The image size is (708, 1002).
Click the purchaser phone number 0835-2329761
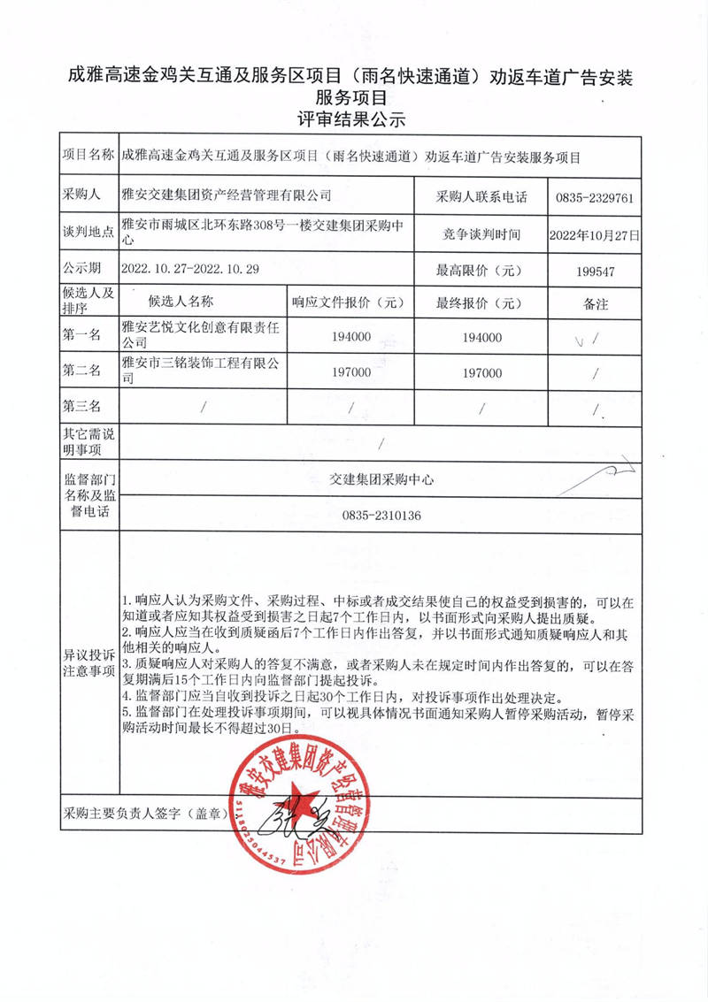point(595,197)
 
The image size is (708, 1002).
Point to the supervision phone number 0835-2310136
point(381,516)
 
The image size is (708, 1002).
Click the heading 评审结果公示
point(352,119)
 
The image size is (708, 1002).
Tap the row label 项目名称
point(88,157)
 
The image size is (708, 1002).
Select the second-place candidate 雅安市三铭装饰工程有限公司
point(199,371)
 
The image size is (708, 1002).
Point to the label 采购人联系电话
point(481,197)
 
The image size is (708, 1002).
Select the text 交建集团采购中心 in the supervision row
point(381,478)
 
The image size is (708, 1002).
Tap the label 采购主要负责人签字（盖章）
point(145,811)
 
